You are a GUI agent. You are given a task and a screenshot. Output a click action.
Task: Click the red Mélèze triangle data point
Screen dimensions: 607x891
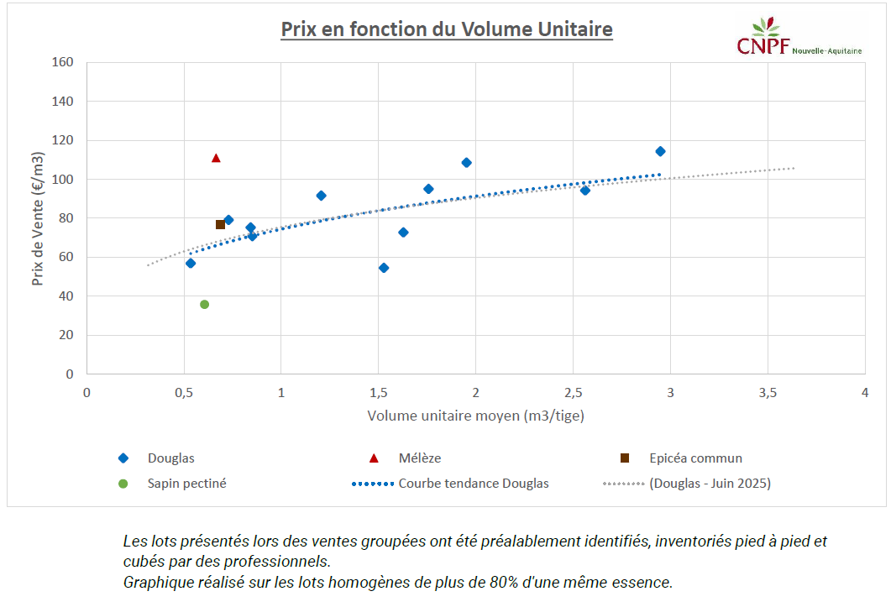pyautogui.click(x=216, y=158)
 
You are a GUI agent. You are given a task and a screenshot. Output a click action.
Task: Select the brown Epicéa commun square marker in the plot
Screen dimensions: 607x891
pyautogui.click(x=220, y=224)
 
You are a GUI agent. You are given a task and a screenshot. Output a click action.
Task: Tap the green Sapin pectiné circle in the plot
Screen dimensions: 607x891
pyautogui.click(x=204, y=304)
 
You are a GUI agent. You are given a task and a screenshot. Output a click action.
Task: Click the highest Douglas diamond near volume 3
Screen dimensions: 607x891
pyautogui.click(x=660, y=151)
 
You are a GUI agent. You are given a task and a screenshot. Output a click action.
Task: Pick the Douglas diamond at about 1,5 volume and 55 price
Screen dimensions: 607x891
pyautogui.click(x=384, y=268)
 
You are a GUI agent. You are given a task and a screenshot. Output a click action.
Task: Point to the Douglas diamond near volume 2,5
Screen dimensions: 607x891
pyautogui.click(x=585, y=191)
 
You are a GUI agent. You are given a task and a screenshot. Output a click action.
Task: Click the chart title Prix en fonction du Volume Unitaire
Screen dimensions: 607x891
pyautogui.click(x=446, y=29)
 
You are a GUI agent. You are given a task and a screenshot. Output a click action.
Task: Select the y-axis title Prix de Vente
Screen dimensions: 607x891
pyautogui.click(x=38, y=218)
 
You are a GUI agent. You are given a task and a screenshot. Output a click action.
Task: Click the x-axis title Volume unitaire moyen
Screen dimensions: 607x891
pyautogui.click(x=475, y=416)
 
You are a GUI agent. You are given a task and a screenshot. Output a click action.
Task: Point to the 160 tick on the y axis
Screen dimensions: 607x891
pyautogui.click(x=63, y=62)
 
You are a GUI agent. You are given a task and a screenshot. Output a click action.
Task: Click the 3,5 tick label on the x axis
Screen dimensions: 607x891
pyautogui.click(x=767, y=393)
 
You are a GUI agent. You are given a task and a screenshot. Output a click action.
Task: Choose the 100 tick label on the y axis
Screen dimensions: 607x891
pyautogui.click(x=63, y=179)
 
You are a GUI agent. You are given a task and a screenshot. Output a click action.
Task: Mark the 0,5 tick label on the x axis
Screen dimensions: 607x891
pyautogui.click(x=184, y=393)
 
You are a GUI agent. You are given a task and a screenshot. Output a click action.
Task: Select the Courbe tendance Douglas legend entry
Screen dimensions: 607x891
pyautogui.click(x=474, y=484)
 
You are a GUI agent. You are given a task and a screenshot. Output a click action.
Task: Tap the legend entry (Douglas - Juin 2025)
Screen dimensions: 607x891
pyautogui.click(x=709, y=484)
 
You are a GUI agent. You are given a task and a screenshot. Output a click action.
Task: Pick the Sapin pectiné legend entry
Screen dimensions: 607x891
pyautogui.click(x=186, y=484)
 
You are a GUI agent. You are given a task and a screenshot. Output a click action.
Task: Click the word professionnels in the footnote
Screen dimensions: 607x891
pyautogui.click(x=277, y=561)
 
